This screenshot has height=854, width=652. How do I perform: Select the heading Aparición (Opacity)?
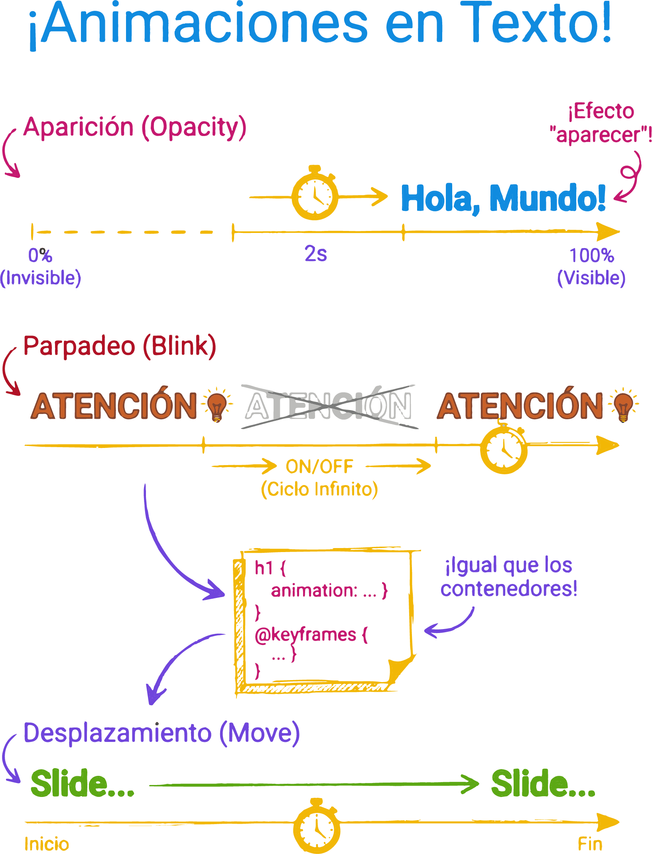135,128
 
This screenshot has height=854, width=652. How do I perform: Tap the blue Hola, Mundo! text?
503,198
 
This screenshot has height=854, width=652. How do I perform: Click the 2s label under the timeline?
316,254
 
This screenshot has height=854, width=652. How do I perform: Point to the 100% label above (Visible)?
592,256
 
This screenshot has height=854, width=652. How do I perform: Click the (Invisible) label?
41,278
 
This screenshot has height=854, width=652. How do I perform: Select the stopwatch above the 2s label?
315,194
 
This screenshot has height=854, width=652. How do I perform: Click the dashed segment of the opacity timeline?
124,232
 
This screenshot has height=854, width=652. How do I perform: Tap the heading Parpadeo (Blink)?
120,346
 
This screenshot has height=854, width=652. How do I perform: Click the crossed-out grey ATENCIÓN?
328,406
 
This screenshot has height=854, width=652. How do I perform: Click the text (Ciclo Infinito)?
319,489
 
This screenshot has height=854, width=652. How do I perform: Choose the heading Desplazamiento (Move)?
162,733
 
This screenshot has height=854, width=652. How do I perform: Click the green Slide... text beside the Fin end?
543,784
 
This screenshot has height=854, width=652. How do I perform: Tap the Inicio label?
47,844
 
